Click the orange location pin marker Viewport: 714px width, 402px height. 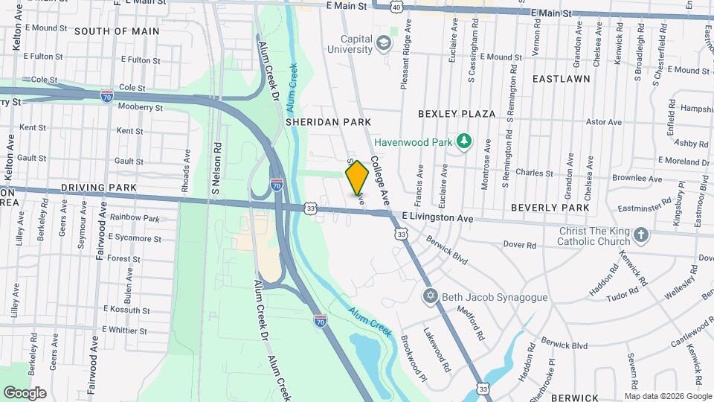coord(357,177)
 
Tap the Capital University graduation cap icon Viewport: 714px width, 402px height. coord(384,42)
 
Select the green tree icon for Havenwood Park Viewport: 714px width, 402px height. coord(465,140)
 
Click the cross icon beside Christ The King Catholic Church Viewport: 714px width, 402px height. coord(641,236)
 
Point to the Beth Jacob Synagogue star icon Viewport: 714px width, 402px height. coord(428,297)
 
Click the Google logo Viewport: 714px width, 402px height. coord(25,393)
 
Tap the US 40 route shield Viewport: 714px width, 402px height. coord(397,7)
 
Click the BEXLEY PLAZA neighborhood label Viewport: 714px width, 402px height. coord(457,114)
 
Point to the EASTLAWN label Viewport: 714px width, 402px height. coord(561,78)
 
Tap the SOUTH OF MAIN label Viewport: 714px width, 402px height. coord(117,31)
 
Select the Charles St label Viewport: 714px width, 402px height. coord(535,172)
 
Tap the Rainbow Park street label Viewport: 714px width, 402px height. coord(135,218)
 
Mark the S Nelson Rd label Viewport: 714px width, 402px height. coord(216,169)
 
